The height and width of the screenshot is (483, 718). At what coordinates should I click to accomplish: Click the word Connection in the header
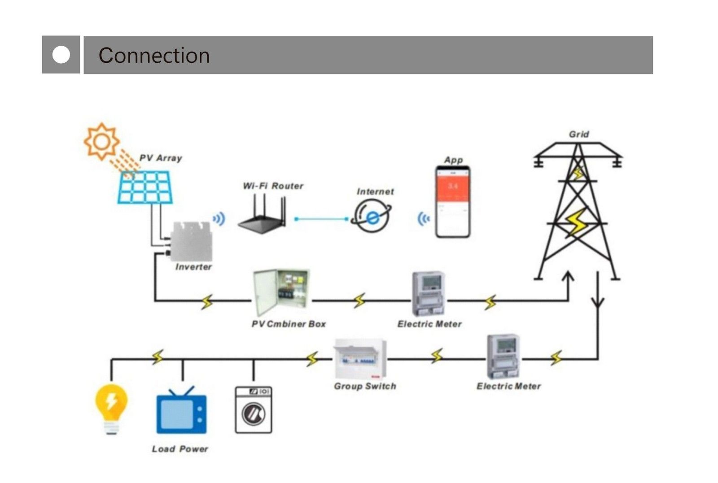[154, 56]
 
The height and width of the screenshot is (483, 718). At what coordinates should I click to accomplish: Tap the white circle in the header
[61, 55]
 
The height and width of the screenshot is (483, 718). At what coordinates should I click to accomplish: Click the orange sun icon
[102, 141]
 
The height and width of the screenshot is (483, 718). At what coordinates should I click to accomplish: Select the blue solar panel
[145, 187]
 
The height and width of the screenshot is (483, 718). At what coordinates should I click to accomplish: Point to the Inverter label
[193, 267]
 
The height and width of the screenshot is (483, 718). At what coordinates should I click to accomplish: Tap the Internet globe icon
[372, 216]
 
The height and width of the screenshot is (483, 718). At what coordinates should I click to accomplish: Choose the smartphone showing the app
[453, 202]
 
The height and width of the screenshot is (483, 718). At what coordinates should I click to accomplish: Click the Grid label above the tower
[578, 134]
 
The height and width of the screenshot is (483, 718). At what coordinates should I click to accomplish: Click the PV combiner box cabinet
[281, 292]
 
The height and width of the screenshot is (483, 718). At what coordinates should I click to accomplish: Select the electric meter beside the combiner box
[429, 294]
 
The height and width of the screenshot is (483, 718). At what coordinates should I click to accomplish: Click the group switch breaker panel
[360, 359]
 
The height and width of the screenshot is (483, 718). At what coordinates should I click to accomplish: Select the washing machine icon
[254, 410]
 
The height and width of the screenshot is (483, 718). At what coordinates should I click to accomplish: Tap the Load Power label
[180, 449]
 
